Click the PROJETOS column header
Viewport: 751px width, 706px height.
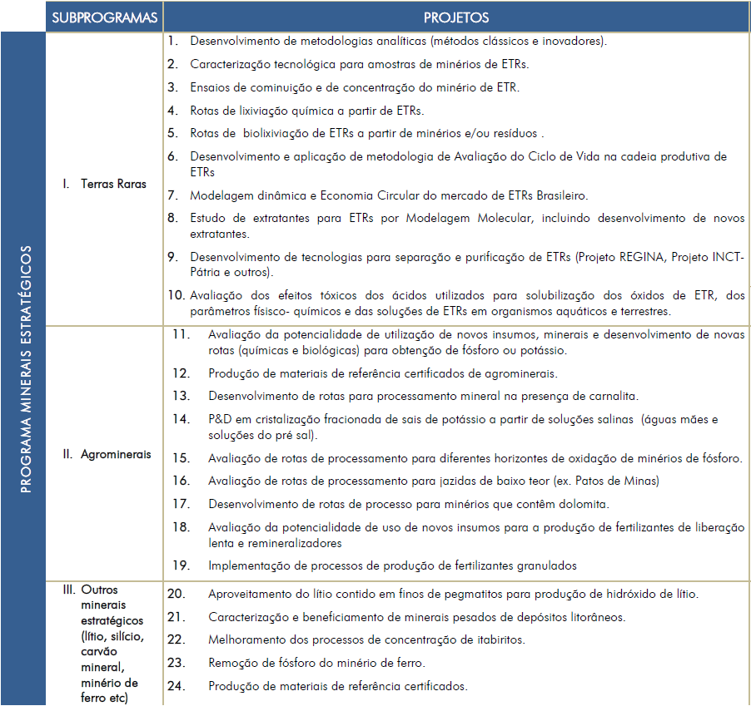pyautogui.click(x=455, y=17)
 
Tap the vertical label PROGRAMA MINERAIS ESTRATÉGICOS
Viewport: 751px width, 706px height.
pyautogui.click(x=24, y=368)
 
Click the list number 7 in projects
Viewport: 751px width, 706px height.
pyautogui.click(x=172, y=195)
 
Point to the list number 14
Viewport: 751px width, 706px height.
pyautogui.click(x=181, y=418)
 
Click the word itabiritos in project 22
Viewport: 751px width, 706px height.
pyautogui.click(x=498, y=639)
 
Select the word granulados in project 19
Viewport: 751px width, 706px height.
pyautogui.click(x=545, y=565)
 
